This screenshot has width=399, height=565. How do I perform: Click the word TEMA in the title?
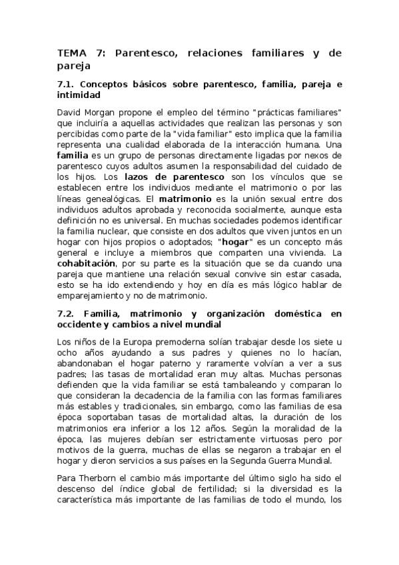click(72, 53)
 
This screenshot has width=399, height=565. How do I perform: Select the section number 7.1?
click(68, 85)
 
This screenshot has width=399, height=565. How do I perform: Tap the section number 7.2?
click(68, 312)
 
